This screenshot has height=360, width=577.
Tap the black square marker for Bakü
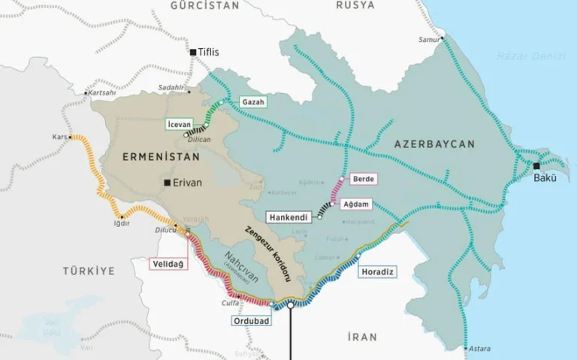click(536, 166)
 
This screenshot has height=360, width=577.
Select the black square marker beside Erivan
click(168, 182)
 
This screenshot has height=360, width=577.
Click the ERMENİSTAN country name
click(162, 157)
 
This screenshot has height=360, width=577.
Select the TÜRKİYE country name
click(89, 270)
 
